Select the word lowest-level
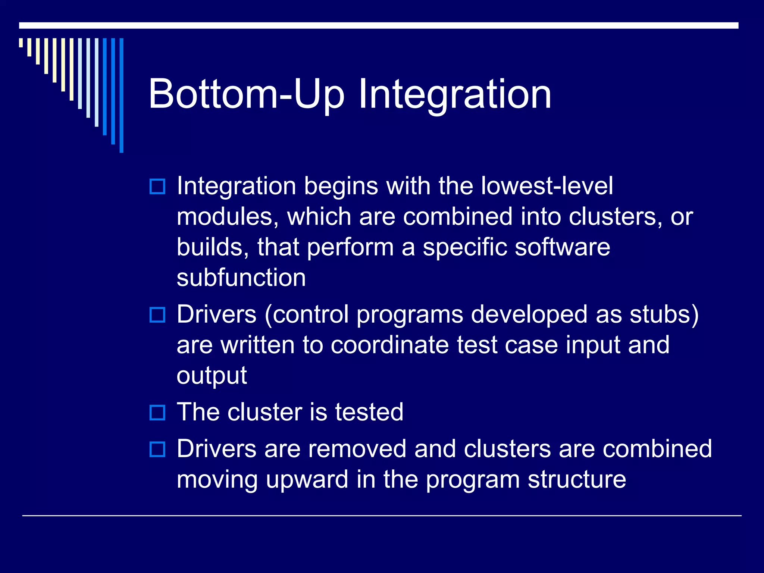(x=547, y=186)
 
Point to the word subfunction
(x=241, y=278)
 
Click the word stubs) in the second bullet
(x=664, y=314)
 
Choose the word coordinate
(x=389, y=345)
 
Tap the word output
(x=212, y=375)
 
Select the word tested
(x=369, y=412)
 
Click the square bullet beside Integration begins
(x=157, y=187)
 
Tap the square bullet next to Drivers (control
(x=157, y=315)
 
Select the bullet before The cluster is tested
(x=157, y=413)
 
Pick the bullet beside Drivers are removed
(x=157, y=449)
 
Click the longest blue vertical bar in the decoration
(x=121, y=95)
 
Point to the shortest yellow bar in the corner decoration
(x=21, y=43)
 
